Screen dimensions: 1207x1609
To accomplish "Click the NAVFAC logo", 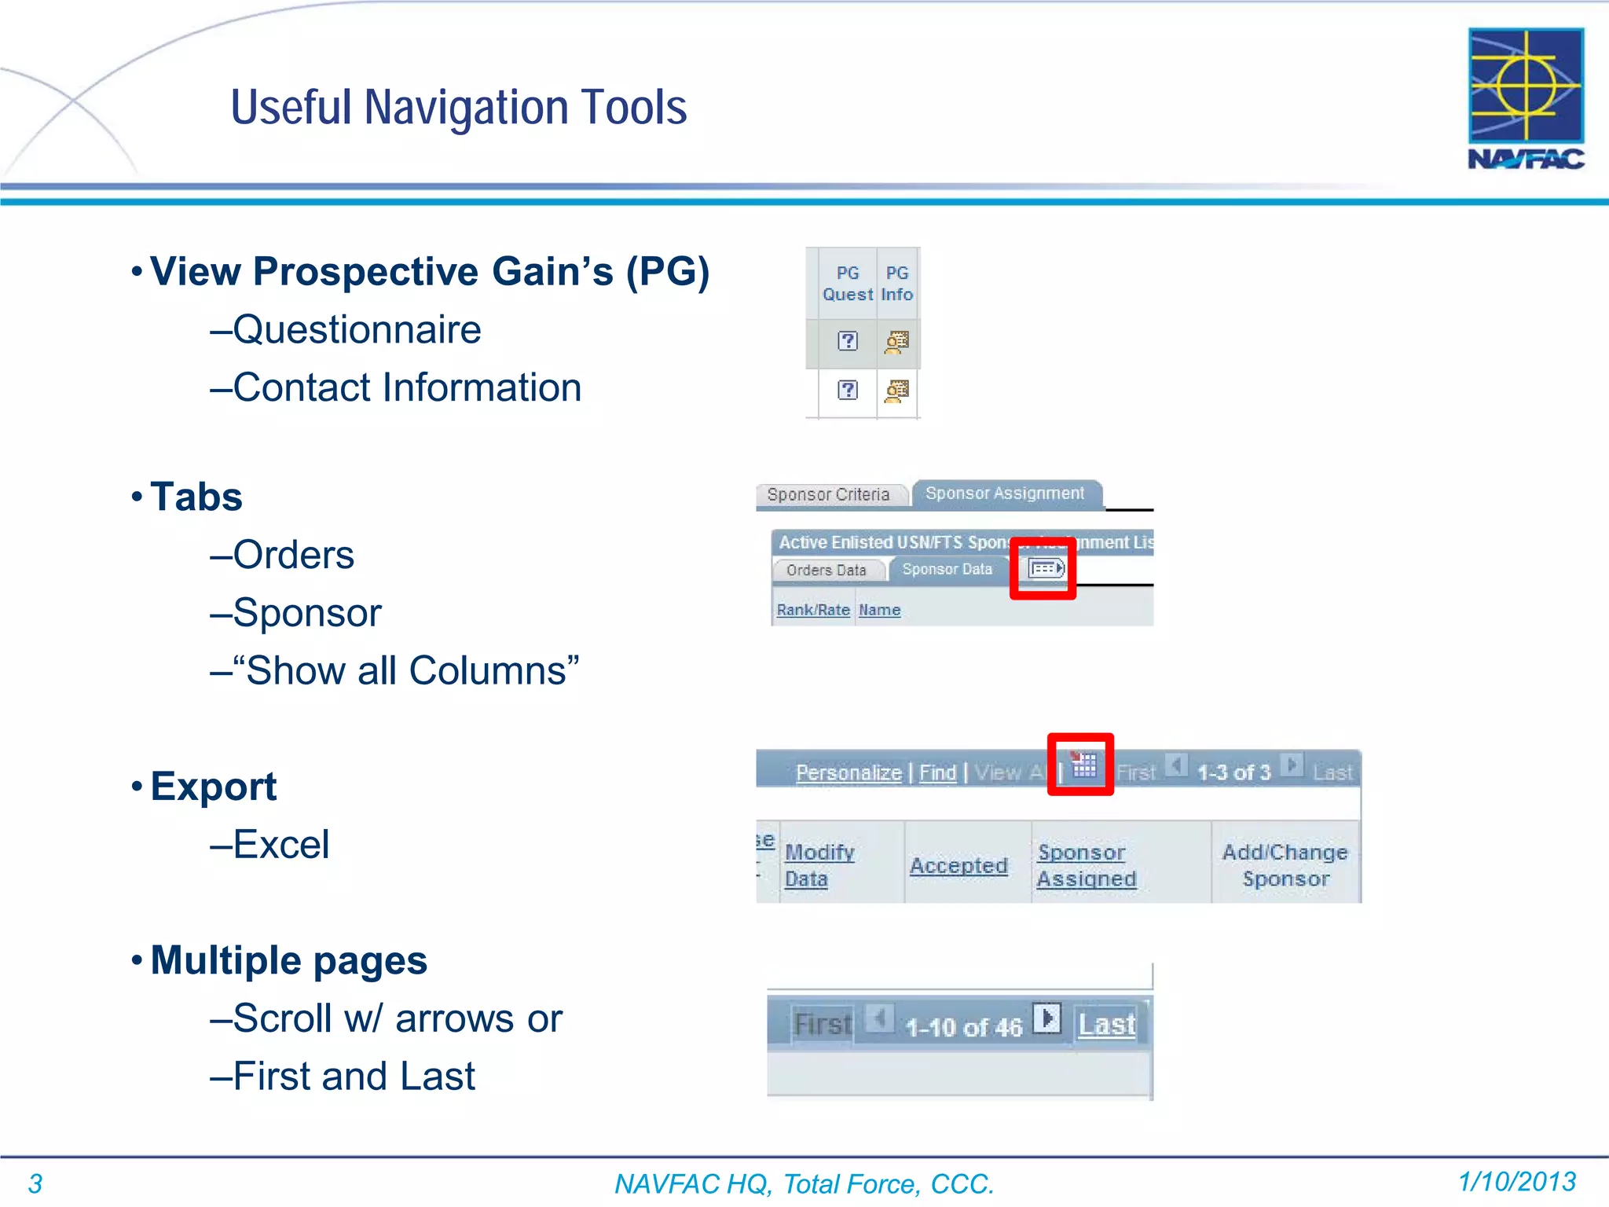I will click(1526, 97).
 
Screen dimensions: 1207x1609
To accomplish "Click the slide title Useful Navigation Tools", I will click(459, 108).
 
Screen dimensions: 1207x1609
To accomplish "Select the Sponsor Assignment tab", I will click(1005, 493).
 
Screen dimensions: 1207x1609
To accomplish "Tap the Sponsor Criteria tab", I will click(828, 495).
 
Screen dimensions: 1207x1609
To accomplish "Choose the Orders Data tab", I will click(826, 570).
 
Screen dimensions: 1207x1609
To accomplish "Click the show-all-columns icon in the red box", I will click(1045, 568).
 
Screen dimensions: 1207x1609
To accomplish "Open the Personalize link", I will click(848, 773).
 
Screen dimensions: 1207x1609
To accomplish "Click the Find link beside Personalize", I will click(937, 773).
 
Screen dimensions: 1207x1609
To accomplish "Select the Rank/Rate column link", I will click(813, 610).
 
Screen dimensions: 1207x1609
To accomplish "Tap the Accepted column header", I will click(958, 866).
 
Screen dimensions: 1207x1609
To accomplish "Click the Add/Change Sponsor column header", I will click(1285, 865).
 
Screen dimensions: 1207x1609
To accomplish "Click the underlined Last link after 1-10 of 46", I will click(1106, 1025).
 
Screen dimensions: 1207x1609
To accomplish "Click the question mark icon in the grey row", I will click(848, 341).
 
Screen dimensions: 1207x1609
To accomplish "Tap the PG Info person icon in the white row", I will click(896, 391).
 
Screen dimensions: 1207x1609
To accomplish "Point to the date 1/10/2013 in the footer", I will click(1517, 1182).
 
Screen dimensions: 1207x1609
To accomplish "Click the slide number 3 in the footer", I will click(35, 1183).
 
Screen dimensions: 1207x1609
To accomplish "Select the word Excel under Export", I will click(281, 845).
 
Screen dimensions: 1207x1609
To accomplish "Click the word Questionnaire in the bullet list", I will click(357, 329).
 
